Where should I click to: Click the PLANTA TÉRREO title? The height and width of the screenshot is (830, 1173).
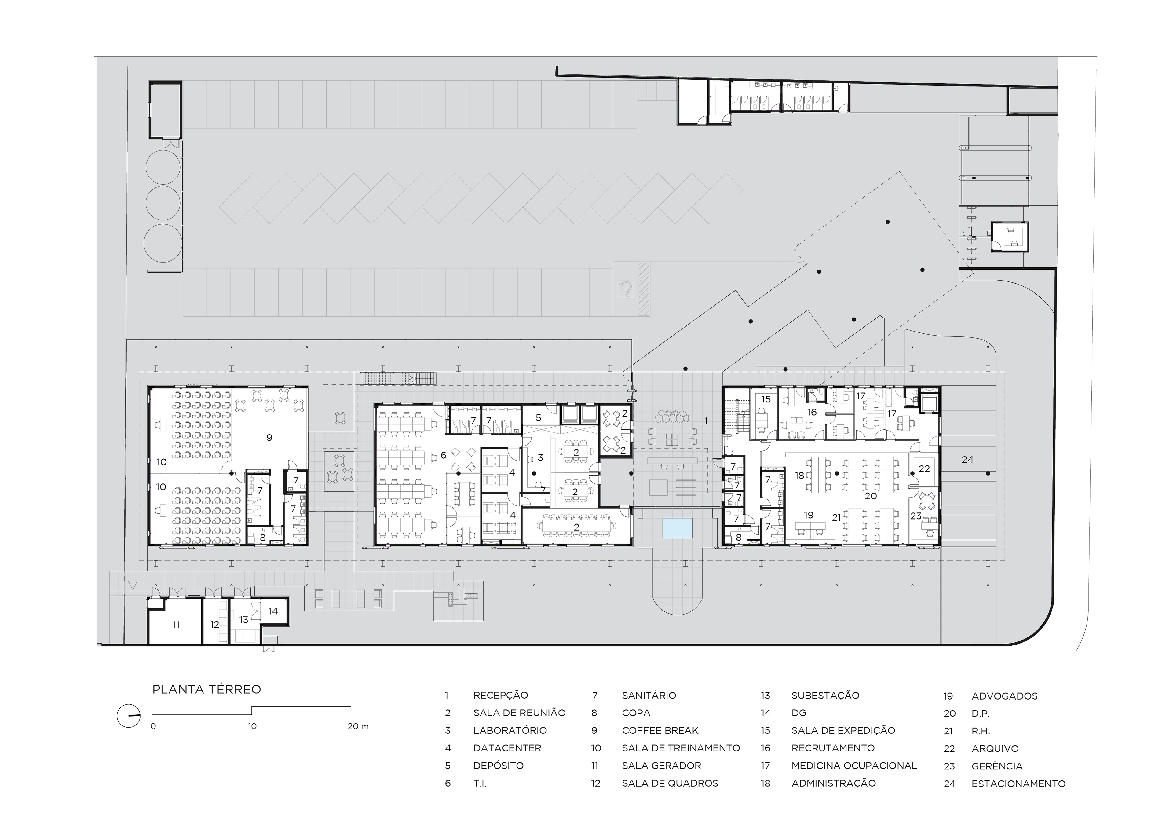coord(206,689)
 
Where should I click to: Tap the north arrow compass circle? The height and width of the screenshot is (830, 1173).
coord(128,716)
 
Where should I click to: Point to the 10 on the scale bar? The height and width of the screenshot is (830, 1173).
coord(252,726)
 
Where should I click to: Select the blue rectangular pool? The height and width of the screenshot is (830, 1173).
coord(678,527)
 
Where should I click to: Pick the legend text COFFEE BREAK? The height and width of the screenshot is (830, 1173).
coord(660,730)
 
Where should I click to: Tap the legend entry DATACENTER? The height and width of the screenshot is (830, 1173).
coord(507,748)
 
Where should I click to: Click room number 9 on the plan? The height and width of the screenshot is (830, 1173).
coord(269,438)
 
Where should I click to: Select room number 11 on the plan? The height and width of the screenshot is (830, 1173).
coord(176,625)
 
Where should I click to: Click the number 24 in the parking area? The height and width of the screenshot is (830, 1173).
coord(967,460)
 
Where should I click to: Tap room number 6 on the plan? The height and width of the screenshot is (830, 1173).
coord(443,455)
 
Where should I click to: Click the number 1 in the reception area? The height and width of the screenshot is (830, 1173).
coord(706,421)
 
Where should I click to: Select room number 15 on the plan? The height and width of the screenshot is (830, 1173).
coord(766,399)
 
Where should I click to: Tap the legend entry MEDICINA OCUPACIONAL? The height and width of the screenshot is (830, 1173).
coord(854,766)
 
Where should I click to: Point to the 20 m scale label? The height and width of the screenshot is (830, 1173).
coord(358,726)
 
